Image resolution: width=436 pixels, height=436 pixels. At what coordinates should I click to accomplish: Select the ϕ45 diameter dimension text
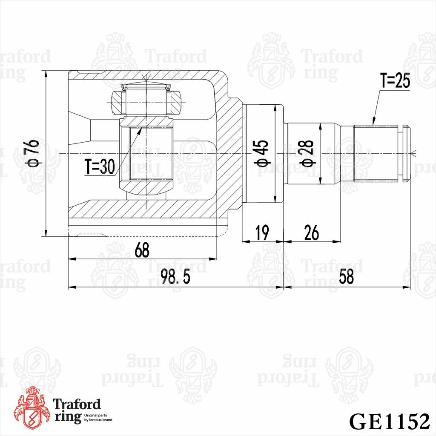click(262, 153)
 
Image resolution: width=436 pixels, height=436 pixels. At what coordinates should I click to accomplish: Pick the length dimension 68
click(142, 250)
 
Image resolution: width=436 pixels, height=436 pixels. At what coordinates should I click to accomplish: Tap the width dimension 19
click(262, 233)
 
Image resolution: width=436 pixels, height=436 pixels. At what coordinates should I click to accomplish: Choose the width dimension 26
click(311, 233)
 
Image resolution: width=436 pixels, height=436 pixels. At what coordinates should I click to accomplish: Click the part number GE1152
click(389, 422)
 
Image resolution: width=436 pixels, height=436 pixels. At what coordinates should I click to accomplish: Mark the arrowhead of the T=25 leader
click(373, 123)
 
